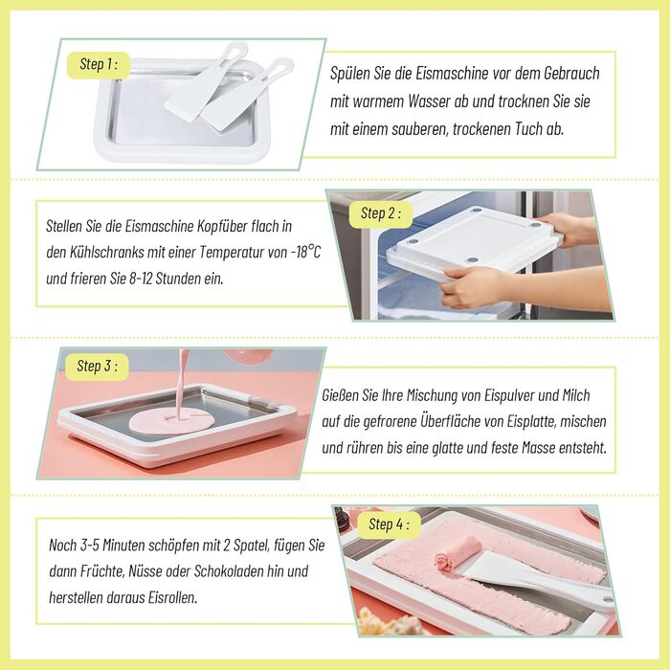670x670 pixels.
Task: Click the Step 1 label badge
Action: pos(99,65)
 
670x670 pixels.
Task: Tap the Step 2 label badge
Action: pos(381,213)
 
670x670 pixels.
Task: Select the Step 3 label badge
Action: pos(97,367)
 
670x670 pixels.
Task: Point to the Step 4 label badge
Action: pos(389,525)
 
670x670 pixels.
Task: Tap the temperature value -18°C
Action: pos(305,252)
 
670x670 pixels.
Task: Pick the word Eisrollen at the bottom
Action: pos(172,597)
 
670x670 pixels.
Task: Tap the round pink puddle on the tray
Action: pos(171,421)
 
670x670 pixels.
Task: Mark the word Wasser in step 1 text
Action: pos(430,101)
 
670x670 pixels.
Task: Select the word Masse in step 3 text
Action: pos(539,448)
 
